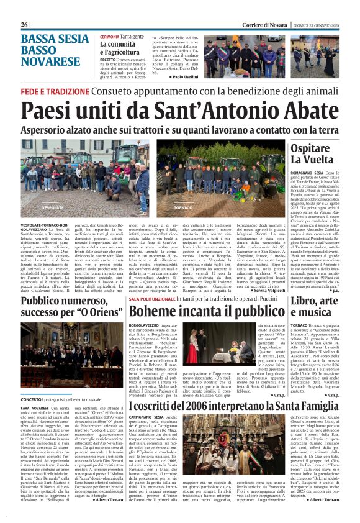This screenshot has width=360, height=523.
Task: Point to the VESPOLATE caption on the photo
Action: tap(53, 207)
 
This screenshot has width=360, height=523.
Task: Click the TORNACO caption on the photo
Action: tap(184, 207)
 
